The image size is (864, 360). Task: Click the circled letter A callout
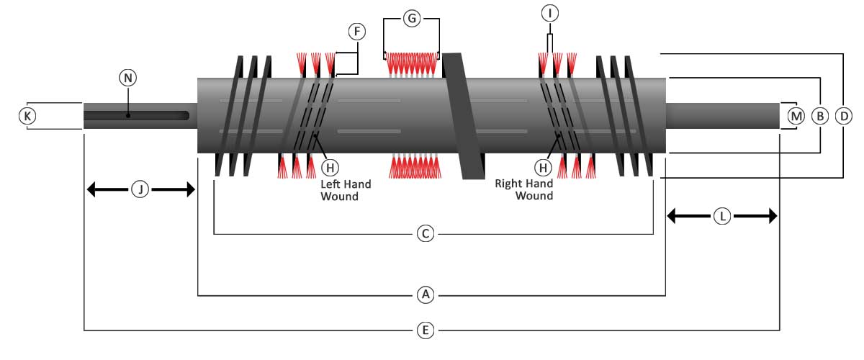(426, 294)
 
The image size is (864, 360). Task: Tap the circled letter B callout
(820, 116)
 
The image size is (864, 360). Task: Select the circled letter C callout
(426, 233)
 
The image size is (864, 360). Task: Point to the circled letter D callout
(844, 116)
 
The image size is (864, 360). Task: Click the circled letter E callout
(426, 330)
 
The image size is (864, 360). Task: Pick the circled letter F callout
(357, 31)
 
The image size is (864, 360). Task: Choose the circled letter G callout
(412, 18)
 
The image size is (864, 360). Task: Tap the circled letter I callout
(549, 13)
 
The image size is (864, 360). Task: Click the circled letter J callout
(140, 189)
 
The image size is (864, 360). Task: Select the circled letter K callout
(27, 116)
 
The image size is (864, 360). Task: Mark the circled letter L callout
(722, 216)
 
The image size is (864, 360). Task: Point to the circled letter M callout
(796, 116)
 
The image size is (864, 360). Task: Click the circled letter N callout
(127, 78)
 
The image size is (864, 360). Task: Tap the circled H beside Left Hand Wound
(330, 168)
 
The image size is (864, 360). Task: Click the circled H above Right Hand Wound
(543, 168)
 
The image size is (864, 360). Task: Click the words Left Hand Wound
(346, 190)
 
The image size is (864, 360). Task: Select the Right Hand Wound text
(524, 189)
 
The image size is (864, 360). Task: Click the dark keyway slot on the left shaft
(137, 116)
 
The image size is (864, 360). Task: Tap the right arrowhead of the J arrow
(191, 189)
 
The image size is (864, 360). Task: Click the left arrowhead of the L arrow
(671, 216)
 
